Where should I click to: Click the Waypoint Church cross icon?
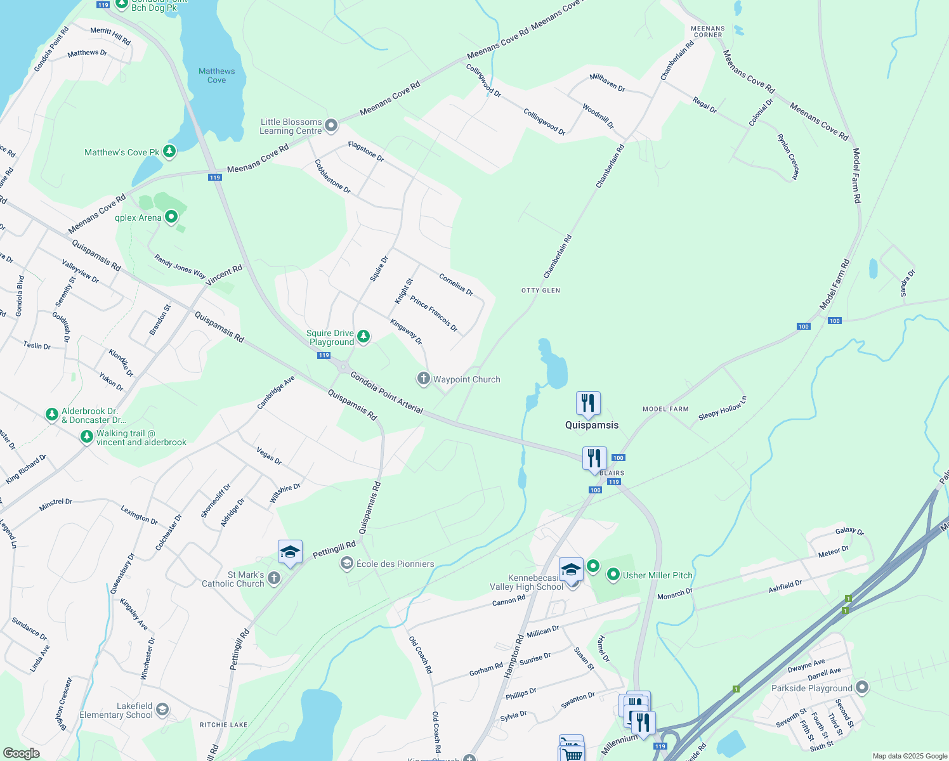[423, 379]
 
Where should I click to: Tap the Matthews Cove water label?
[216, 75]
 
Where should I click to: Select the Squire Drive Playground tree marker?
[363, 336]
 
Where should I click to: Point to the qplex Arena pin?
[171, 217]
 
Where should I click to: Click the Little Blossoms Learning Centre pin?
[331, 126]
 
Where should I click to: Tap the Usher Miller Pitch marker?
[613, 575]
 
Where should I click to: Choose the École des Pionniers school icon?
[347, 563]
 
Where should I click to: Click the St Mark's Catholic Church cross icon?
[274, 578]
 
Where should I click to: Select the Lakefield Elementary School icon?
[162, 709]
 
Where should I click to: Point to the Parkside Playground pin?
[862, 687]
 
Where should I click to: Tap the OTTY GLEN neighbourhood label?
[540, 290]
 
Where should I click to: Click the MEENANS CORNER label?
[707, 32]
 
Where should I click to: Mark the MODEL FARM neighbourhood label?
[665, 409]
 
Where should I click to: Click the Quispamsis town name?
[592, 425]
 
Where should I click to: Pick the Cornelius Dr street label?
[456, 285]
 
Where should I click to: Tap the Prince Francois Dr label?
[434, 314]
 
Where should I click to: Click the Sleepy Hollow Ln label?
[723, 408]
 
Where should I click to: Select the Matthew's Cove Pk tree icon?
[169, 152]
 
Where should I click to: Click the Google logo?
[21, 753]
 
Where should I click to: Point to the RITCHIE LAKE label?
[223, 725]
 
